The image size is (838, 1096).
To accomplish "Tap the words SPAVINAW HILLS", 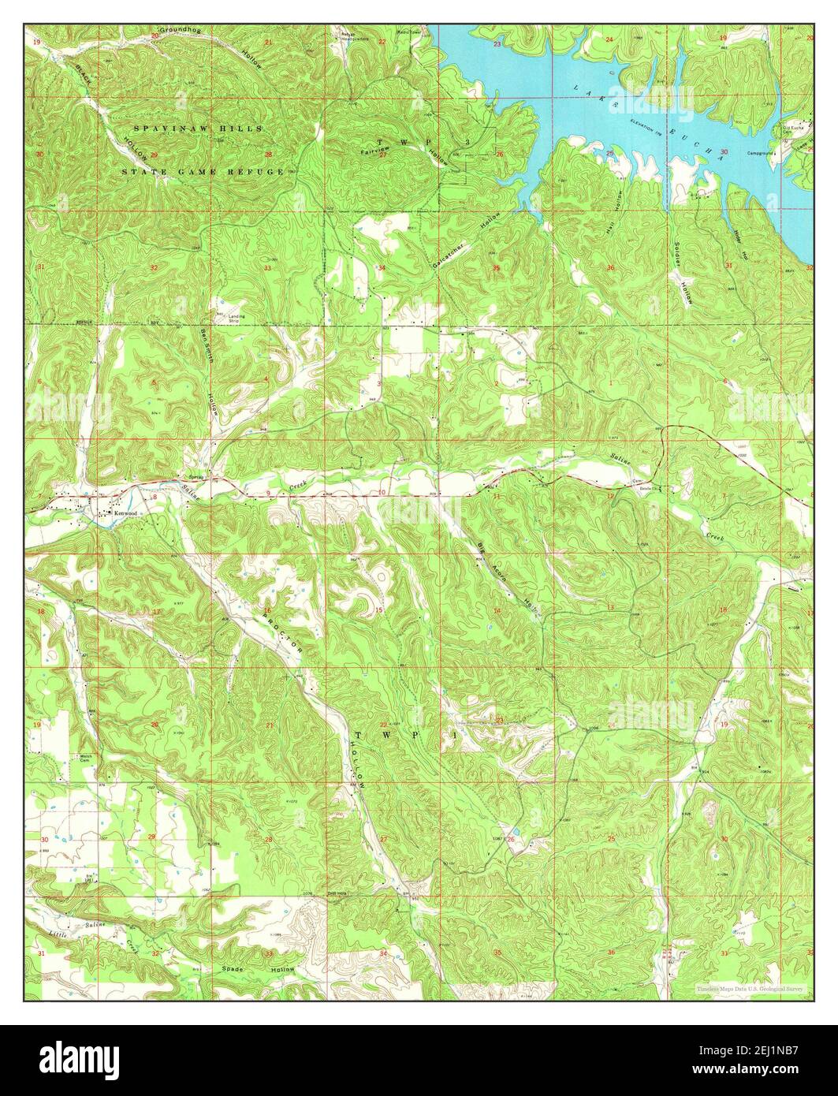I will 198,128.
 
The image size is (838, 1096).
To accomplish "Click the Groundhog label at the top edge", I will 181,30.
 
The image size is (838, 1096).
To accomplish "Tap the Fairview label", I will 375,150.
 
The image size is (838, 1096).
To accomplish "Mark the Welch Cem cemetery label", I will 84,758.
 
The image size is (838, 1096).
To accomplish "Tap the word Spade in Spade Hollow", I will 233,968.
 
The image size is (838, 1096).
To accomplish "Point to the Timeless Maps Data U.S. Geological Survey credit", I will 749,988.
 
